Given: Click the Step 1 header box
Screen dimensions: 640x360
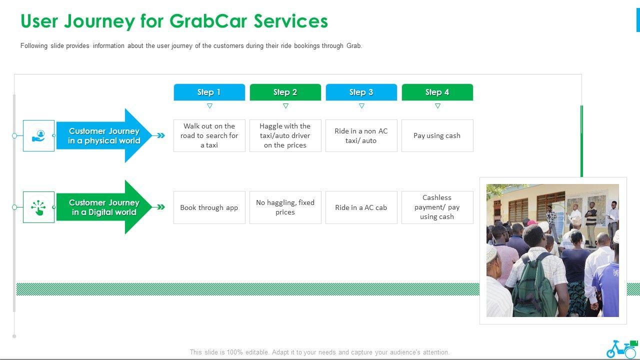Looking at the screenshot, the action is click(x=209, y=92).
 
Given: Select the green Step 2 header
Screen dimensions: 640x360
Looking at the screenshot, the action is click(x=285, y=92).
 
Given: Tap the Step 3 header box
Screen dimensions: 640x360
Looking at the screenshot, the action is click(x=361, y=92).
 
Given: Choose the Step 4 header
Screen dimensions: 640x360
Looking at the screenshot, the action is click(x=437, y=92).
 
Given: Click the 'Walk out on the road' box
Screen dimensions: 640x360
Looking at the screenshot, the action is click(x=209, y=135).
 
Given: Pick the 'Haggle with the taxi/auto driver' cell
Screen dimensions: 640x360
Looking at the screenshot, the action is click(x=285, y=135).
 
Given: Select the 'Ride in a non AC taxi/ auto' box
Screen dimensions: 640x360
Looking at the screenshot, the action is click(x=361, y=135).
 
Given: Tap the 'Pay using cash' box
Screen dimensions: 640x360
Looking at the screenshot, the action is click(x=437, y=135).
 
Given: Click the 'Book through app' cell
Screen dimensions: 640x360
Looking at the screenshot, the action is click(x=209, y=207).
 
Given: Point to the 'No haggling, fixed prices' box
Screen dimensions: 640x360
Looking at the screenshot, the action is click(x=285, y=207).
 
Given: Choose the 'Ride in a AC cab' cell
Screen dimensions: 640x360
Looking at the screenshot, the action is click(x=361, y=207).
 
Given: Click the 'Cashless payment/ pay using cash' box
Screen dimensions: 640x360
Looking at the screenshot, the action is click(x=437, y=207).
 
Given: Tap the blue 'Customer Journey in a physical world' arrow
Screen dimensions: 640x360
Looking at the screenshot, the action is click(x=104, y=135).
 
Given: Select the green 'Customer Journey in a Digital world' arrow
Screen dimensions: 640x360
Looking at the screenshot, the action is click(x=104, y=207).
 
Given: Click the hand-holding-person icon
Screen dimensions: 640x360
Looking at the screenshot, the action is click(x=38, y=135).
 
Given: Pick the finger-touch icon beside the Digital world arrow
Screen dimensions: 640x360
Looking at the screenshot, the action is click(x=38, y=207).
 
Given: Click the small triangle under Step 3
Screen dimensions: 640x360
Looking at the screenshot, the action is click(x=361, y=106).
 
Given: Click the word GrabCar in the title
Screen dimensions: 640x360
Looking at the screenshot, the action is click(x=208, y=21).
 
